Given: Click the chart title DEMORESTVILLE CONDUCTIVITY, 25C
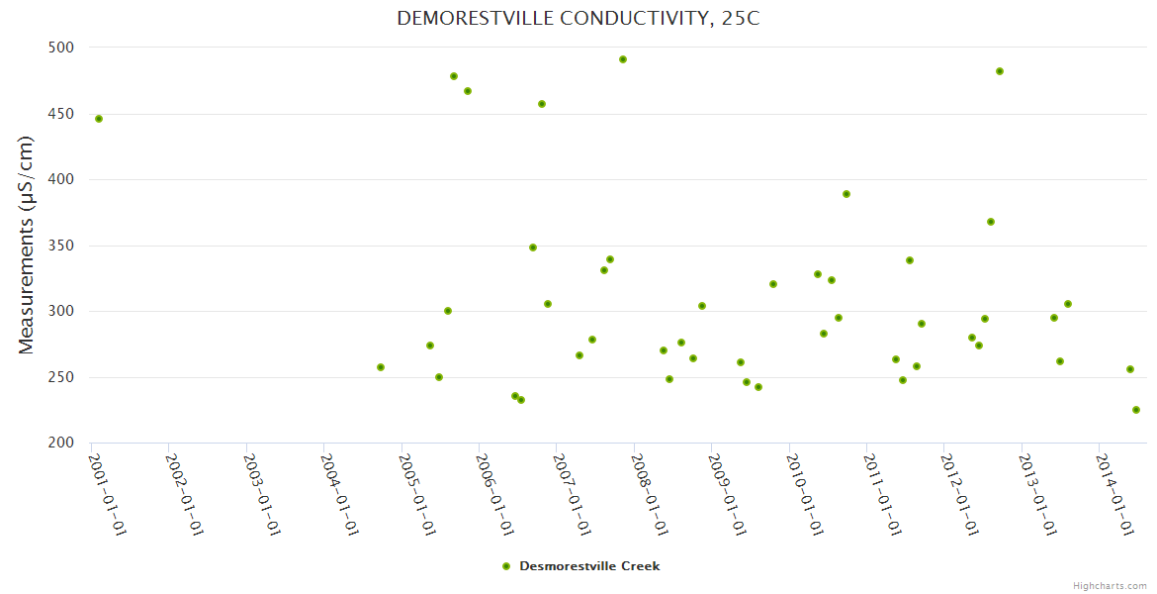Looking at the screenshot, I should tap(578, 18).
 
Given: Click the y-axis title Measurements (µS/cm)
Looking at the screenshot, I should tap(27, 245).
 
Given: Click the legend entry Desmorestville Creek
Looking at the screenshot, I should tap(589, 566).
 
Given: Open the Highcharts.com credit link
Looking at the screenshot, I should tap(1110, 585).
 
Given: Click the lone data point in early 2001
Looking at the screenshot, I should tap(99, 119).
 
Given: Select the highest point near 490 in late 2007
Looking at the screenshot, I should tap(623, 59).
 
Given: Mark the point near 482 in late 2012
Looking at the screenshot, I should tap(1000, 71).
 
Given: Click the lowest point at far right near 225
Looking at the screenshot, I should tap(1136, 410).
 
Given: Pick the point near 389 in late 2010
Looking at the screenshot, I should tap(846, 194).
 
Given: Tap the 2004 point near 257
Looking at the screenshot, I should tap(381, 367).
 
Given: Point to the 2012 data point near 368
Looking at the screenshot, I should tap(991, 222).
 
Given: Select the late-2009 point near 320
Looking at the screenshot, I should tap(773, 284).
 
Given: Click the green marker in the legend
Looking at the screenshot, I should tap(506, 566).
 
